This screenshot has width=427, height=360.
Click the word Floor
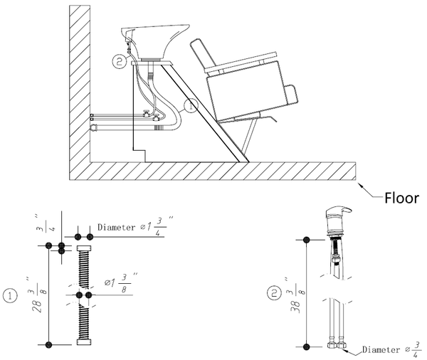coord(401,198)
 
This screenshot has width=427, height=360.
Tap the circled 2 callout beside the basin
coord(120,61)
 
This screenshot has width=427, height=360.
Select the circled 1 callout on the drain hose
coord(191,106)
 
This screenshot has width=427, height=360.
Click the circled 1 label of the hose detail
coord(11,296)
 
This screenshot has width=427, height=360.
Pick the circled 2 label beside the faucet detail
coord(274,294)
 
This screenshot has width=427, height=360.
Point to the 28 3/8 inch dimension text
coord(37,295)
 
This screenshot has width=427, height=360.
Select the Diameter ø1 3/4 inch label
coord(135,226)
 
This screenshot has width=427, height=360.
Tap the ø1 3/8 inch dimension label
coord(120,282)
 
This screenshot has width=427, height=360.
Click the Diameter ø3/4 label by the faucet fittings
coord(392,349)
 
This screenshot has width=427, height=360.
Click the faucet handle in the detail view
coord(339,210)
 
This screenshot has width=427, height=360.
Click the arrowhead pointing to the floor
coord(361,186)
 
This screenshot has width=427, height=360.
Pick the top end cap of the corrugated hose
coord(84,248)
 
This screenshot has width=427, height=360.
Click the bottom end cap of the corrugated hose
coord(84,342)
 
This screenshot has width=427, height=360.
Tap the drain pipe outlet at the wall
coord(94,127)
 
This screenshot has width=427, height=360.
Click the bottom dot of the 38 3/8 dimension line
coord(306,347)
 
